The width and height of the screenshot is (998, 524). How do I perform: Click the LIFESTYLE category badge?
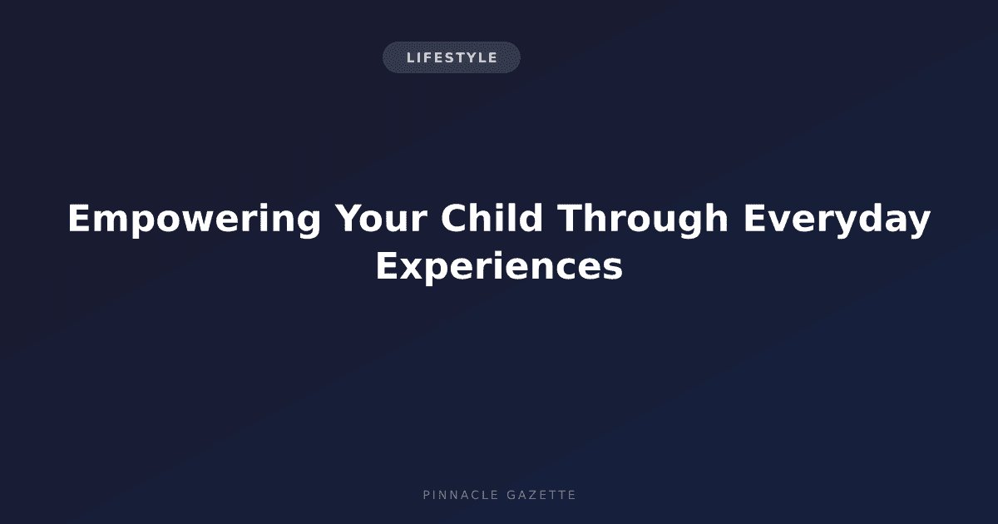452,57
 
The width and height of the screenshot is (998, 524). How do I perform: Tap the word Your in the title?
382,218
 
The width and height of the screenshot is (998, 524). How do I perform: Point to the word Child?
492,217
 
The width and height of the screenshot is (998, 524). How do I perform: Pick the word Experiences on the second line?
499,267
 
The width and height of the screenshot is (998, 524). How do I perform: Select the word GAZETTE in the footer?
541,495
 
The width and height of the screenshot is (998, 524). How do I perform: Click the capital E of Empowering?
79,218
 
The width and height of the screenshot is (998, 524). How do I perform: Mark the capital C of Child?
454,218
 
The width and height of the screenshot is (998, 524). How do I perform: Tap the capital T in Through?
571,218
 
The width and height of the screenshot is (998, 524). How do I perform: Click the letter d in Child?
531,217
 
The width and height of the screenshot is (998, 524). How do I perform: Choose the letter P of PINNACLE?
427,495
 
